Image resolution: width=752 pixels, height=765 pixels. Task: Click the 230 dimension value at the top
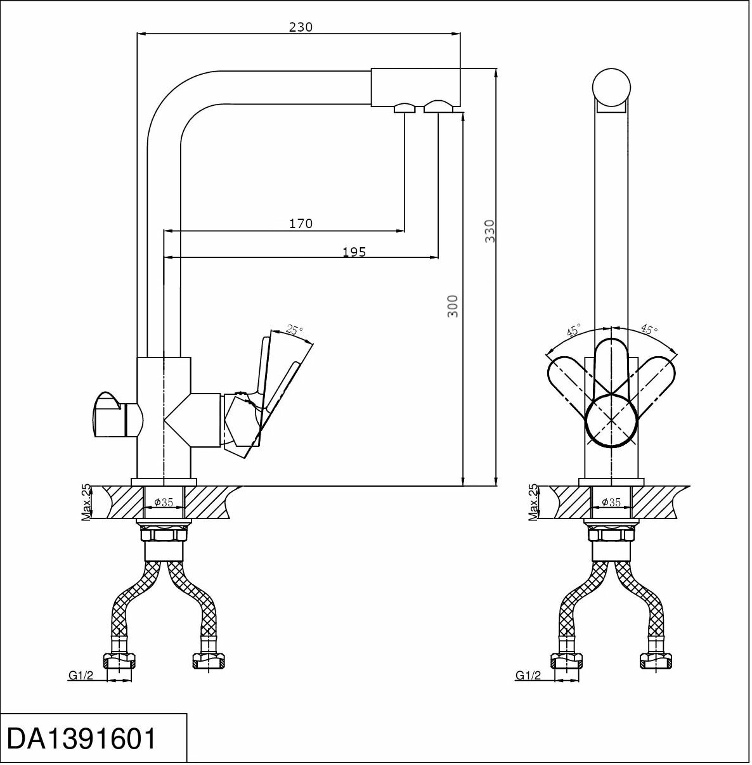tap(301, 27)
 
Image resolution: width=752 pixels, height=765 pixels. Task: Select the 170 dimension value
tap(301, 223)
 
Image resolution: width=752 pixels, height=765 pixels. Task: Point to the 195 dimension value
tap(354, 252)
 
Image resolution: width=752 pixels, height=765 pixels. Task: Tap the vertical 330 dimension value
tap(489, 231)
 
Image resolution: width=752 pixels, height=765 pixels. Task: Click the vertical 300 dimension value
tap(452, 305)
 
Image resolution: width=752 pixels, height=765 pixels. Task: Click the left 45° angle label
tap(573, 330)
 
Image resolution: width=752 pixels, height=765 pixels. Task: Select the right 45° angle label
tap(649, 330)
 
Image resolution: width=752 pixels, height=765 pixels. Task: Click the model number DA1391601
tap(81, 738)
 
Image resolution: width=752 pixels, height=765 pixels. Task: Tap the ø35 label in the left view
tap(164, 502)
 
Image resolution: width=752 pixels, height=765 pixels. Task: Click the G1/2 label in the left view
tap(81, 676)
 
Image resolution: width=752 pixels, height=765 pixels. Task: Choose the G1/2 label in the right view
tap(528, 676)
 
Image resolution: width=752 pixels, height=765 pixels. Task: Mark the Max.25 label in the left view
tap(87, 503)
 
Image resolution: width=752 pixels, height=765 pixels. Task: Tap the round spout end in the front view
tap(611, 87)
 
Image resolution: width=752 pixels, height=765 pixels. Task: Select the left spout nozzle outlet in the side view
tap(404, 108)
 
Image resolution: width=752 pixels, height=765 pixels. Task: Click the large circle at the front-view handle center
tap(611, 420)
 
